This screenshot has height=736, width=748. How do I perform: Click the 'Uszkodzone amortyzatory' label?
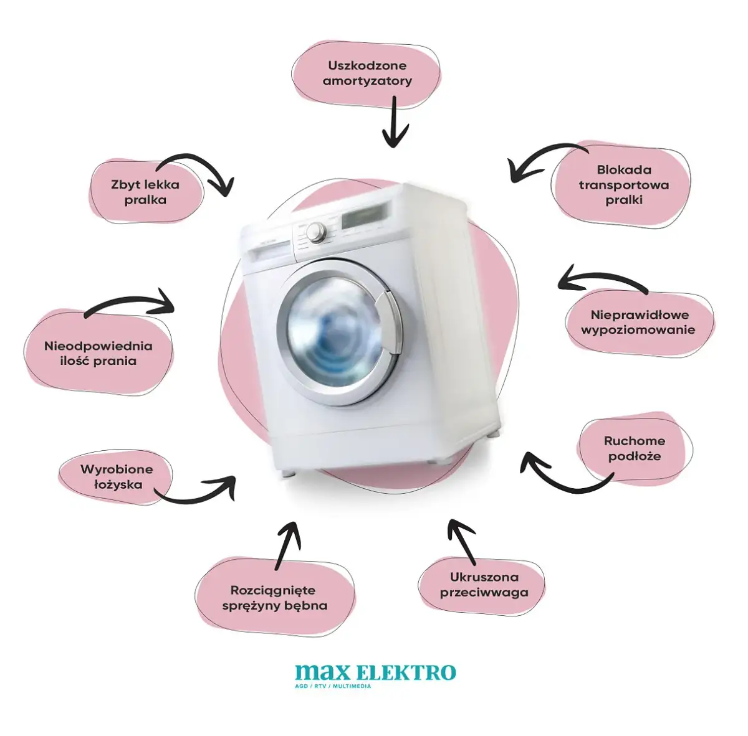(367, 73)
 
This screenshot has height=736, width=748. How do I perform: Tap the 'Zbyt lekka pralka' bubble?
(146, 192)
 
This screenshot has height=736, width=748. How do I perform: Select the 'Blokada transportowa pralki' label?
(623, 184)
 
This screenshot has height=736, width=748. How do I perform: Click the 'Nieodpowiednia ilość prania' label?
(98, 353)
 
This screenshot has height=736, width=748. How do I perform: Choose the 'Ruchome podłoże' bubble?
(635, 448)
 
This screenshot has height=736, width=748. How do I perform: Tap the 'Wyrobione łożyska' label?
(117, 476)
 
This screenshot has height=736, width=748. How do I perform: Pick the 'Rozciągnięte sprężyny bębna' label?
(275, 598)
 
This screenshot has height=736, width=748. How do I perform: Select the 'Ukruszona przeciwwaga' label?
(484, 585)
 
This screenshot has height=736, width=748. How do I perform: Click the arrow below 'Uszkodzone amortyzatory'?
(393, 122)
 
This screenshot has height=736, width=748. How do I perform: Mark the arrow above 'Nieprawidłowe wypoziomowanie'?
(602, 280)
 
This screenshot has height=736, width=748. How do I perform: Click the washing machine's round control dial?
(317, 232)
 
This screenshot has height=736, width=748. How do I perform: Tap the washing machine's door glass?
(329, 337)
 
